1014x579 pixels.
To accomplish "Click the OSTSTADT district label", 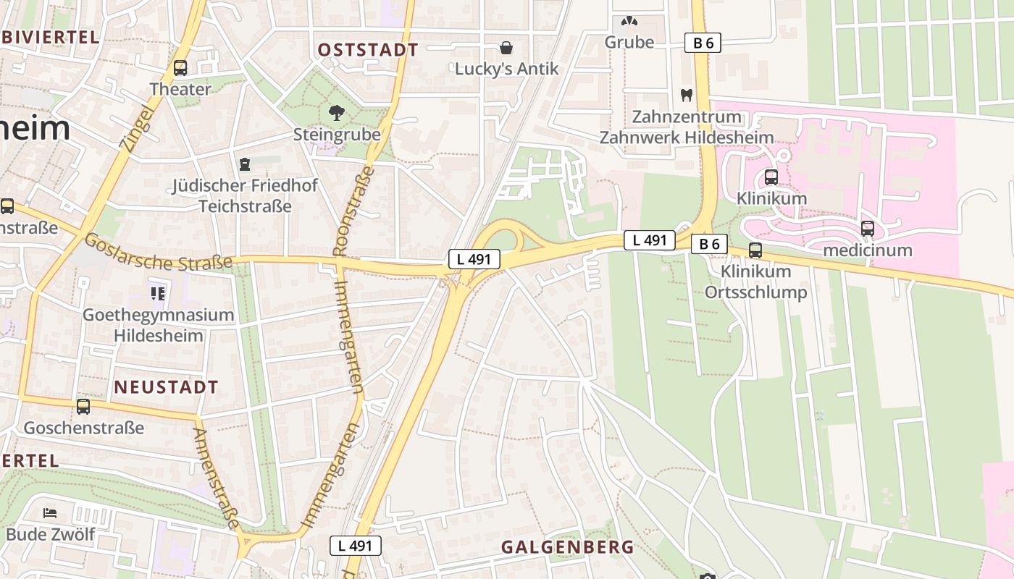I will point(368,50).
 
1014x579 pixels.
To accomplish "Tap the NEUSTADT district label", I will point(166,387).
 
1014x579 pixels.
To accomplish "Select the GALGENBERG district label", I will point(567,547).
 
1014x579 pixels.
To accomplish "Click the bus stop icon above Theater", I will point(180,68).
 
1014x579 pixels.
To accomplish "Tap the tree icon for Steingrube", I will point(336,113).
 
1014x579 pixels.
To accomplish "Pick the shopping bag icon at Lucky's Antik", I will point(506,48).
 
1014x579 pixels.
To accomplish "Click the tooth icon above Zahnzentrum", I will point(687,95).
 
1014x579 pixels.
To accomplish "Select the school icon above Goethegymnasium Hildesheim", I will point(158,293).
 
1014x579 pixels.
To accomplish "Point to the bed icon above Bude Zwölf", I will point(50,513).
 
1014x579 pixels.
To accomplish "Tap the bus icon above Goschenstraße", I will point(83,406).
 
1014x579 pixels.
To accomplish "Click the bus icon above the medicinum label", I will point(867,229).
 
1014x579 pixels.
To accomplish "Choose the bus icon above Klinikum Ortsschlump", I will point(755,250).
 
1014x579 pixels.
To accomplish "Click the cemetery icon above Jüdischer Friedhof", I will point(245,164).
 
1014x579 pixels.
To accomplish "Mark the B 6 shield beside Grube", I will point(703,43).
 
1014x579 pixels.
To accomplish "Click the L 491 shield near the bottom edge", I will point(356,546).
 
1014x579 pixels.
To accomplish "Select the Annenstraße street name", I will point(217,478).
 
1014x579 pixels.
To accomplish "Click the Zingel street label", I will point(137,129).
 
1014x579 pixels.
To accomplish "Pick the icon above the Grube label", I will point(629,22).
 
